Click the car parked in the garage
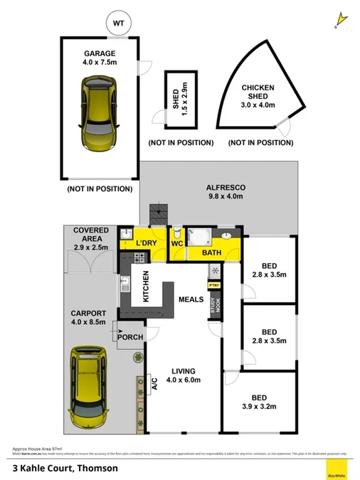pyautogui.click(x=99, y=110)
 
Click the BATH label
pyautogui.click(x=211, y=252)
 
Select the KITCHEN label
pyautogui.click(x=146, y=287)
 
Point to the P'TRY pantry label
pyautogui.click(x=214, y=285)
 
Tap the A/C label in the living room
pyautogui.click(x=154, y=385)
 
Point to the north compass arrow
pyautogui.click(x=340, y=17)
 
